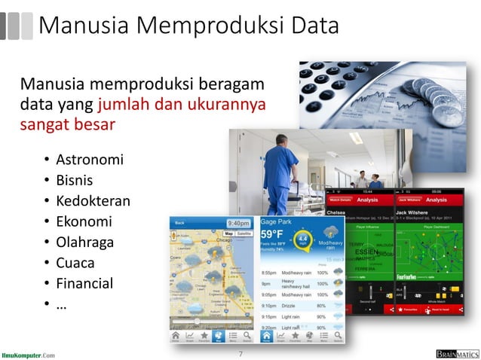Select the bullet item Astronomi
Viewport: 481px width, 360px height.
(90, 160)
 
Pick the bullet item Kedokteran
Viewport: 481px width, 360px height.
(93, 201)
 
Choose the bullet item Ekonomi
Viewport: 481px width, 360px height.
(84, 221)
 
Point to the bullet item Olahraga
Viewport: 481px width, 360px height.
(85, 243)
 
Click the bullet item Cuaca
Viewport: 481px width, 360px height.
(75, 263)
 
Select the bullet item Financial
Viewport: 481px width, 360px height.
(84, 284)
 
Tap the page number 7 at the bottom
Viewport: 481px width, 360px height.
(240, 353)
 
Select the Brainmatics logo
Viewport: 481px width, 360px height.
(456, 353)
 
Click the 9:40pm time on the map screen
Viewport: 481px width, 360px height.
(239, 224)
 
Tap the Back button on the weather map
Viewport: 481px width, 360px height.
(179, 224)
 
